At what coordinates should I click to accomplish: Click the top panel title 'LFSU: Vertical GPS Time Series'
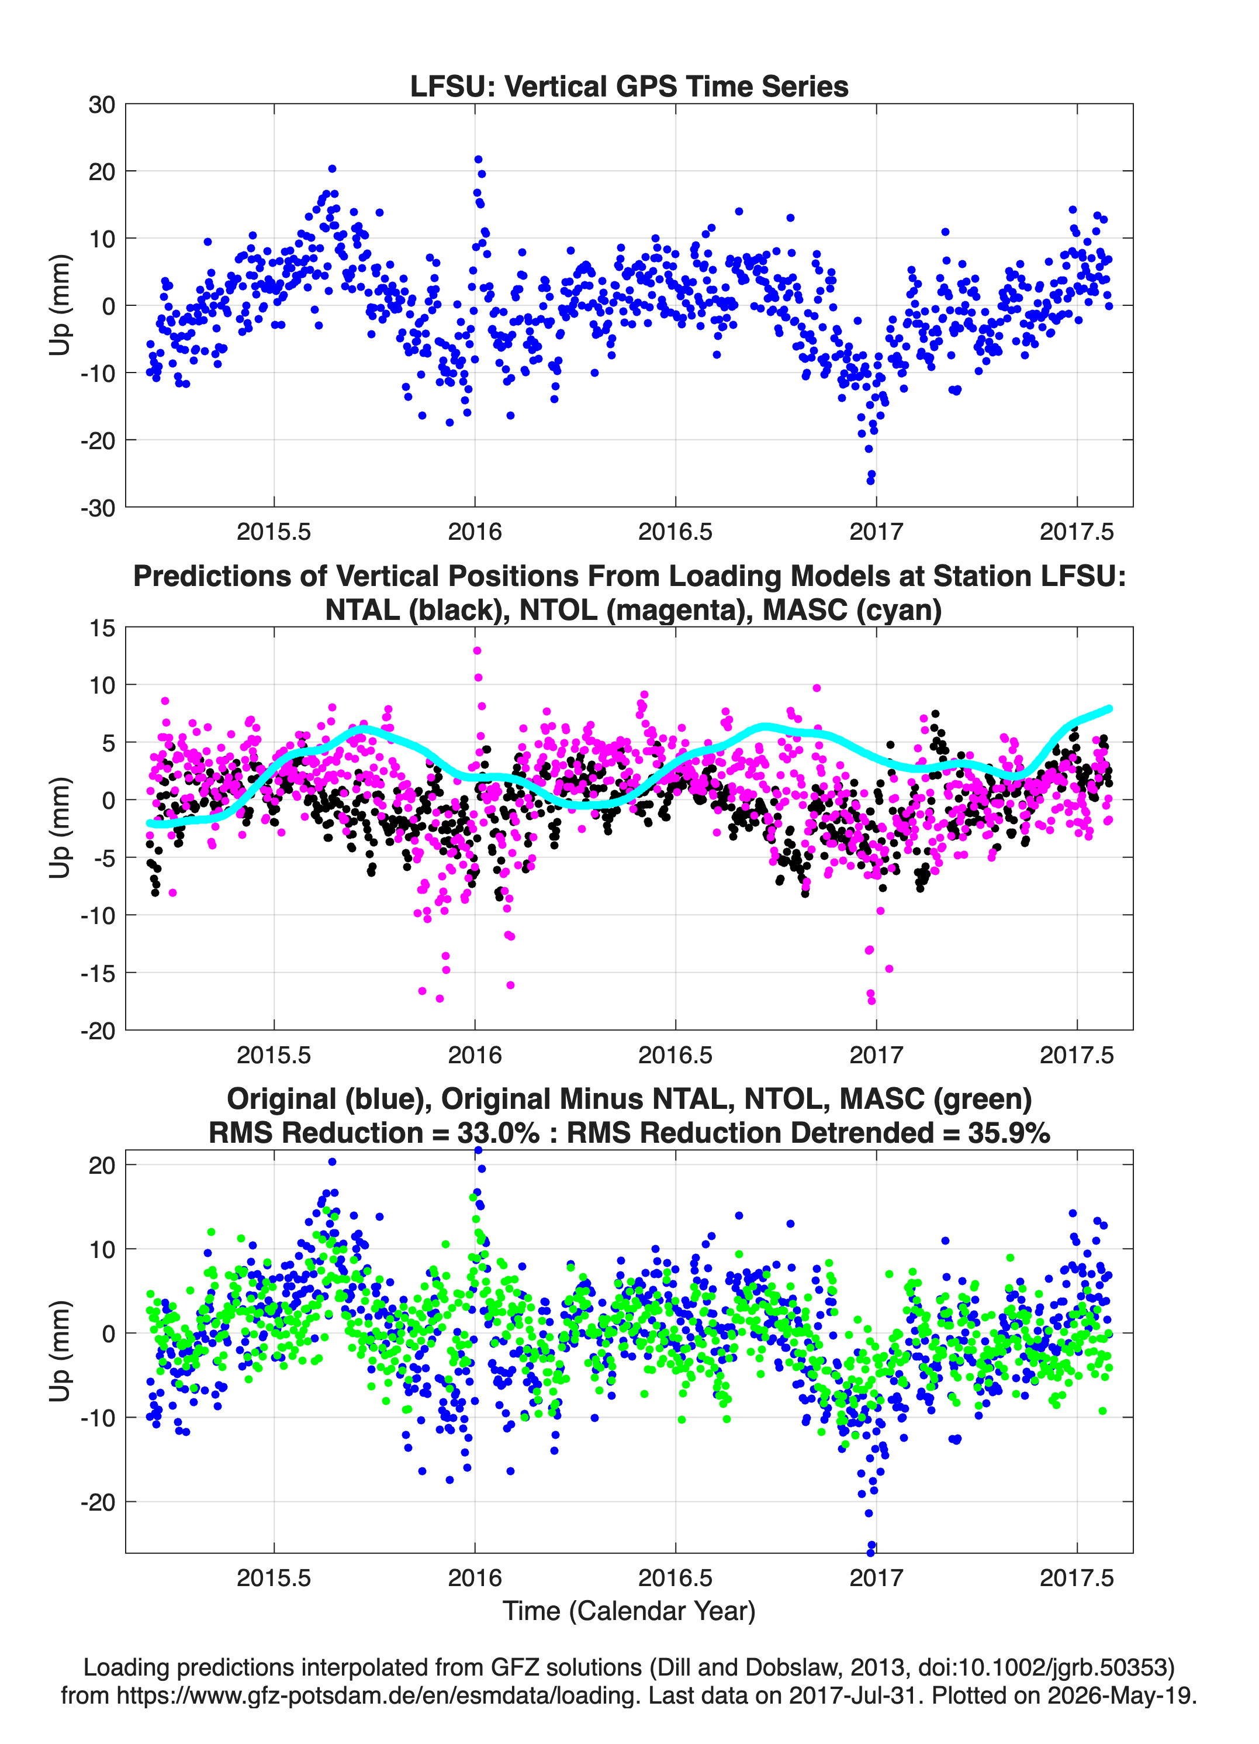click(x=629, y=86)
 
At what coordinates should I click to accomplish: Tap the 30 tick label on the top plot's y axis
click(x=102, y=105)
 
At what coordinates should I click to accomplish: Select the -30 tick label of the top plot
click(x=98, y=508)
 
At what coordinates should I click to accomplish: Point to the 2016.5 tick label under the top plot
click(x=675, y=532)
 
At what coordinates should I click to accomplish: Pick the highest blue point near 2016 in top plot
click(x=478, y=159)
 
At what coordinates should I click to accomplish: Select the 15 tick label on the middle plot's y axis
click(x=102, y=628)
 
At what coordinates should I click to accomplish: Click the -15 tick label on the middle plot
click(x=98, y=973)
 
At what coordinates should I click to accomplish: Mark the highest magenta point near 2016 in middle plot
click(x=478, y=650)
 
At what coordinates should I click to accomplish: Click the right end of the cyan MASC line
click(x=1109, y=708)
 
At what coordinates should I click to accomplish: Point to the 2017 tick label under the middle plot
click(x=876, y=1054)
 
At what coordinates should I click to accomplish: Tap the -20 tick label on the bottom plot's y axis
click(x=98, y=1502)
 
